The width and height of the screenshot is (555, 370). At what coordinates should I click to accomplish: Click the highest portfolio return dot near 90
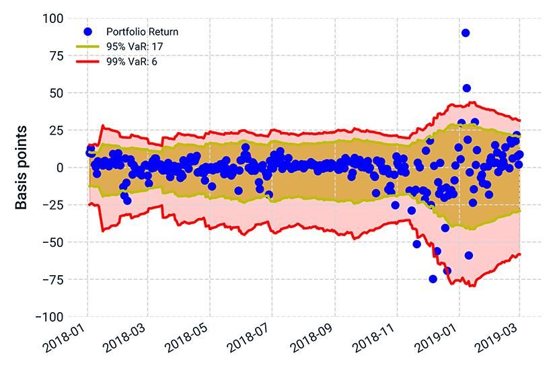point(466,33)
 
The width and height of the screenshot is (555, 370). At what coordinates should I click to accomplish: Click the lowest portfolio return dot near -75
point(433,279)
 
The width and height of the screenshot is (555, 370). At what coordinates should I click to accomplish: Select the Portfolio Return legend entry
point(142,32)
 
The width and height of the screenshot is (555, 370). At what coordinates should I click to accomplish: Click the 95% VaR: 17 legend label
point(135,46)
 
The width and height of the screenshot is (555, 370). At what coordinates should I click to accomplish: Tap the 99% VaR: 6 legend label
point(132,61)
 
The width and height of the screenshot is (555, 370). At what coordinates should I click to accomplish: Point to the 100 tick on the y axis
point(55,18)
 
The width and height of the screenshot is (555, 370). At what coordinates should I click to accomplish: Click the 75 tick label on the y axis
point(58,56)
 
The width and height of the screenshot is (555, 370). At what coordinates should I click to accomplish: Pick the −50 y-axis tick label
point(55,242)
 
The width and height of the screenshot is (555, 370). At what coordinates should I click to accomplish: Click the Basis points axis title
point(22,167)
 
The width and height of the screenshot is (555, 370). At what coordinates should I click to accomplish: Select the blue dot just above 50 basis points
point(467,88)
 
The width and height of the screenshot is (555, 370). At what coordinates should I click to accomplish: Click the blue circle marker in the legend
point(88,32)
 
